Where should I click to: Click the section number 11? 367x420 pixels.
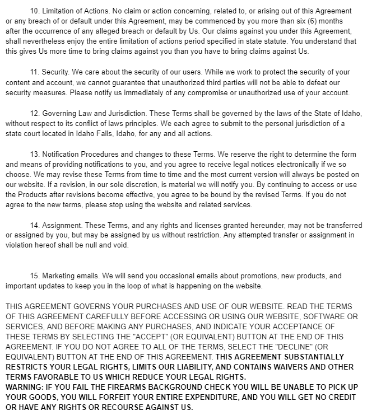click(33, 72)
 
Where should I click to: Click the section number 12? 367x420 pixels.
click(33, 113)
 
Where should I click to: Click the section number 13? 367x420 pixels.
click(33, 153)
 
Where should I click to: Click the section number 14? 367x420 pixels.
click(33, 225)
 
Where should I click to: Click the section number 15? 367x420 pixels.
click(33, 277)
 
